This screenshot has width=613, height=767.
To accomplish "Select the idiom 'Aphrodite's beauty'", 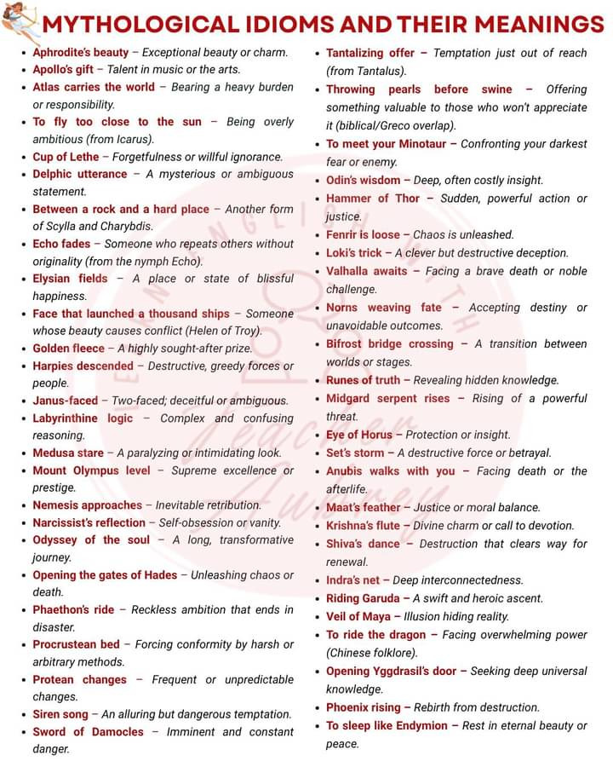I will pyautogui.click(x=81, y=53).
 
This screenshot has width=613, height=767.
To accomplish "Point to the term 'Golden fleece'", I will pyautogui.click(x=69, y=349).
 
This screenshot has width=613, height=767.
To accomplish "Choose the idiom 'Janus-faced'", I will pyautogui.click(x=66, y=401).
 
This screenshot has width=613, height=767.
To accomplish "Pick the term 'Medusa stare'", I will pyautogui.click(x=68, y=453).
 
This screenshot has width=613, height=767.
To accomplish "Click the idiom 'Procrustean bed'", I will pyautogui.click(x=77, y=644).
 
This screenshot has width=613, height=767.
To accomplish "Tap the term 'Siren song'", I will pyautogui.click(x=60, y=714).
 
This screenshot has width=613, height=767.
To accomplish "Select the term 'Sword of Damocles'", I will pyautogui.click(x=89, y=732).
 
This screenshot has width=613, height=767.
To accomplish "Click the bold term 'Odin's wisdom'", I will pyautogui.click(x=363, y=181).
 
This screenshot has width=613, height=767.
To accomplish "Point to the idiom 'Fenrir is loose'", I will pyautogui.click(x=363, y=234).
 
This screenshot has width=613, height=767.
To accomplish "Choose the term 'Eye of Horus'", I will pyautogui.click(x=359, y=435).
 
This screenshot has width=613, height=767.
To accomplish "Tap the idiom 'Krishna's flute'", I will pyautogui.click(x=363, y=526).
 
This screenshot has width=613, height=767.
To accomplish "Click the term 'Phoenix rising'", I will pyautogui.click(x=363, y=707).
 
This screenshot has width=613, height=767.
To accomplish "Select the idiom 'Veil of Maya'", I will pyautogui.click(x=357, y=616).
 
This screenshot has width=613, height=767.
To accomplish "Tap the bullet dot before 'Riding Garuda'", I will pyautogui.click(x=318, y=598).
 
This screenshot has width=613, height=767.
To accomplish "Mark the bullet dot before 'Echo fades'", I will pyautogui.click(x=24, y=244).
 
